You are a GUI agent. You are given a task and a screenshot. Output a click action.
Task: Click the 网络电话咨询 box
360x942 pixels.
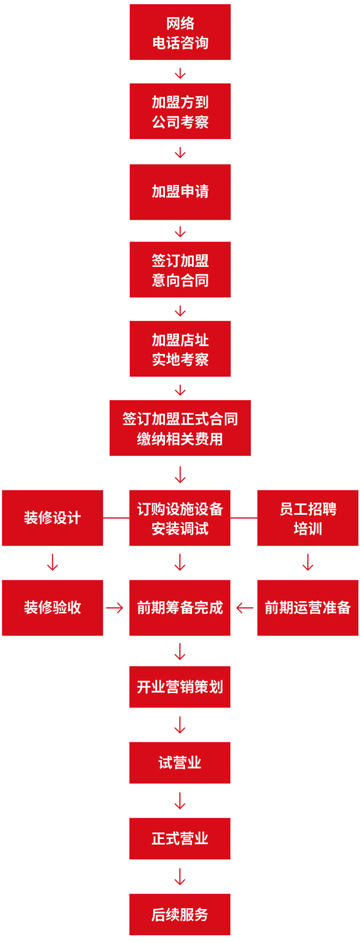(x=180, y=32)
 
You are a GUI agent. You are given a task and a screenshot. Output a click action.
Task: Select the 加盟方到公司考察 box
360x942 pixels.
(x=180, y=112)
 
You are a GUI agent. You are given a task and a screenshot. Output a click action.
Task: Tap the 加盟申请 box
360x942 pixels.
(x=180, y=191)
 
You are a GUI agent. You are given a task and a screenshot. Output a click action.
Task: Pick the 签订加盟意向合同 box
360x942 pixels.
(x=180, y=270)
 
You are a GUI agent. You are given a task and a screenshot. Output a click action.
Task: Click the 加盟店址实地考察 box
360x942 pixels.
(x=180, y=349)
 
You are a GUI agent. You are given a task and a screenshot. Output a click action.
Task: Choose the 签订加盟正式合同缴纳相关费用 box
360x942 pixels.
(x=180, y=428)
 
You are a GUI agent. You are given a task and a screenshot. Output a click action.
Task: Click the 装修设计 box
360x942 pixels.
(x=52, y=518)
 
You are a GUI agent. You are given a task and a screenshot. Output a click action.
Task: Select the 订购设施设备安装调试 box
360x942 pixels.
(x=180, y=518)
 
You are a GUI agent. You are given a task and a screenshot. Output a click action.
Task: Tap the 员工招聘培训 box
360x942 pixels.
(x=308, y=518)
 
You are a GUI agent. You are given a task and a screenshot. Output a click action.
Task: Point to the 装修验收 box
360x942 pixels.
(x=52, y=608)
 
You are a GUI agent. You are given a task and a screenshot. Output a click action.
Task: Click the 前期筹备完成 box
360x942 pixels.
(x=180, y=608)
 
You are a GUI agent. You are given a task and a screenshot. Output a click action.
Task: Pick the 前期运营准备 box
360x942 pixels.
(x=308, y=608)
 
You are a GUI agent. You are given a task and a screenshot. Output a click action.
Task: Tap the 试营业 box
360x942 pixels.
(x=180, y=763)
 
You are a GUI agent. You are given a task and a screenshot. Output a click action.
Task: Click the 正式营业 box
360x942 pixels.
(x=180, y=838)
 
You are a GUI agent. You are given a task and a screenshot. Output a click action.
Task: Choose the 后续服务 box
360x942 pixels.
(x=180, y=914)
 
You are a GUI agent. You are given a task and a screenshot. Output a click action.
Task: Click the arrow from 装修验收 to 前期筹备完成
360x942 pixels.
(x=115, y=608)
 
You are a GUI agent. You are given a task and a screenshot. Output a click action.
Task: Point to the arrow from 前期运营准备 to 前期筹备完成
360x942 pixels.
(x=244, y=608)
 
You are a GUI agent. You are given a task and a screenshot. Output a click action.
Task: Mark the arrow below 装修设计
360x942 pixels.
(x=52, y=562)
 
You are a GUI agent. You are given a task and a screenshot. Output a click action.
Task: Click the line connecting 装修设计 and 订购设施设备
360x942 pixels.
(x=116, y=517)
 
